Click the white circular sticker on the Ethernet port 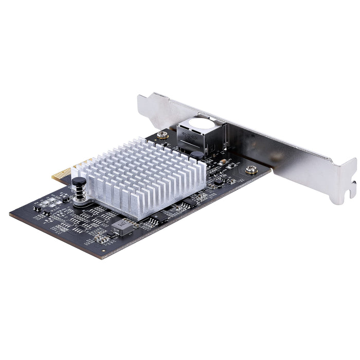click(x=202, y=123)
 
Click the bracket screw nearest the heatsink click(x=163, y=135)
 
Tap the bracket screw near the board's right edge click(x=251, y=169)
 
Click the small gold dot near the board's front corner click(x=102, y=251)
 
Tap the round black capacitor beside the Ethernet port click(x=197, y=155)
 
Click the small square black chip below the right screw click(x=219, y=182)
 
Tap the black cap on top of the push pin click(x=78, y=181)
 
